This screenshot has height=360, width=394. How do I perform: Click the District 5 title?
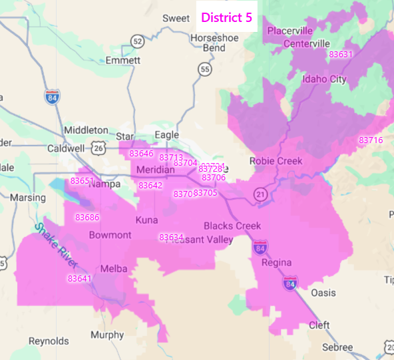tap(227, 17)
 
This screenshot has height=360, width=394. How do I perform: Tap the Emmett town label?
tap(123, 60)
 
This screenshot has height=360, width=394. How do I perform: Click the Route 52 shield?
tap(137, 41)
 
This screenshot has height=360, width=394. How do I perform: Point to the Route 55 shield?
tap(204, 69)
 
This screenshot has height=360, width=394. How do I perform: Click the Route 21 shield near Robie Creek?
tap(259, 194)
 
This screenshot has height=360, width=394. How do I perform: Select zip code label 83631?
tap(341, 55)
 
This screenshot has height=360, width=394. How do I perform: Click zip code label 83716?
tap(371, 140)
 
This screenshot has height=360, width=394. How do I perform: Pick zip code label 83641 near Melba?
tap(79, 279)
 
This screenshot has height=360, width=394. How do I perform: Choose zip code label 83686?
tap(87, 218)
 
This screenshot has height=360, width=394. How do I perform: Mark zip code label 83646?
tap(141, 154)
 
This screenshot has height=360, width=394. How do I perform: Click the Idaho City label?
tap(324, 79)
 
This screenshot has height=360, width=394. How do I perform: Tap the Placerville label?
tap(290, 31)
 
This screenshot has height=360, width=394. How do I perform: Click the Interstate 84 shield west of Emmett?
tap(53, 96)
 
